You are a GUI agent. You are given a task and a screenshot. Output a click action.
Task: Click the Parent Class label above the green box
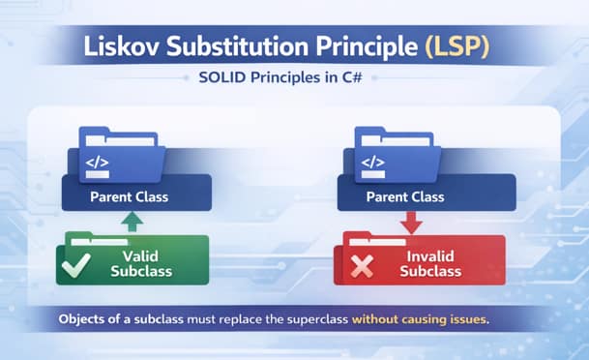click(x=129, y=197)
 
